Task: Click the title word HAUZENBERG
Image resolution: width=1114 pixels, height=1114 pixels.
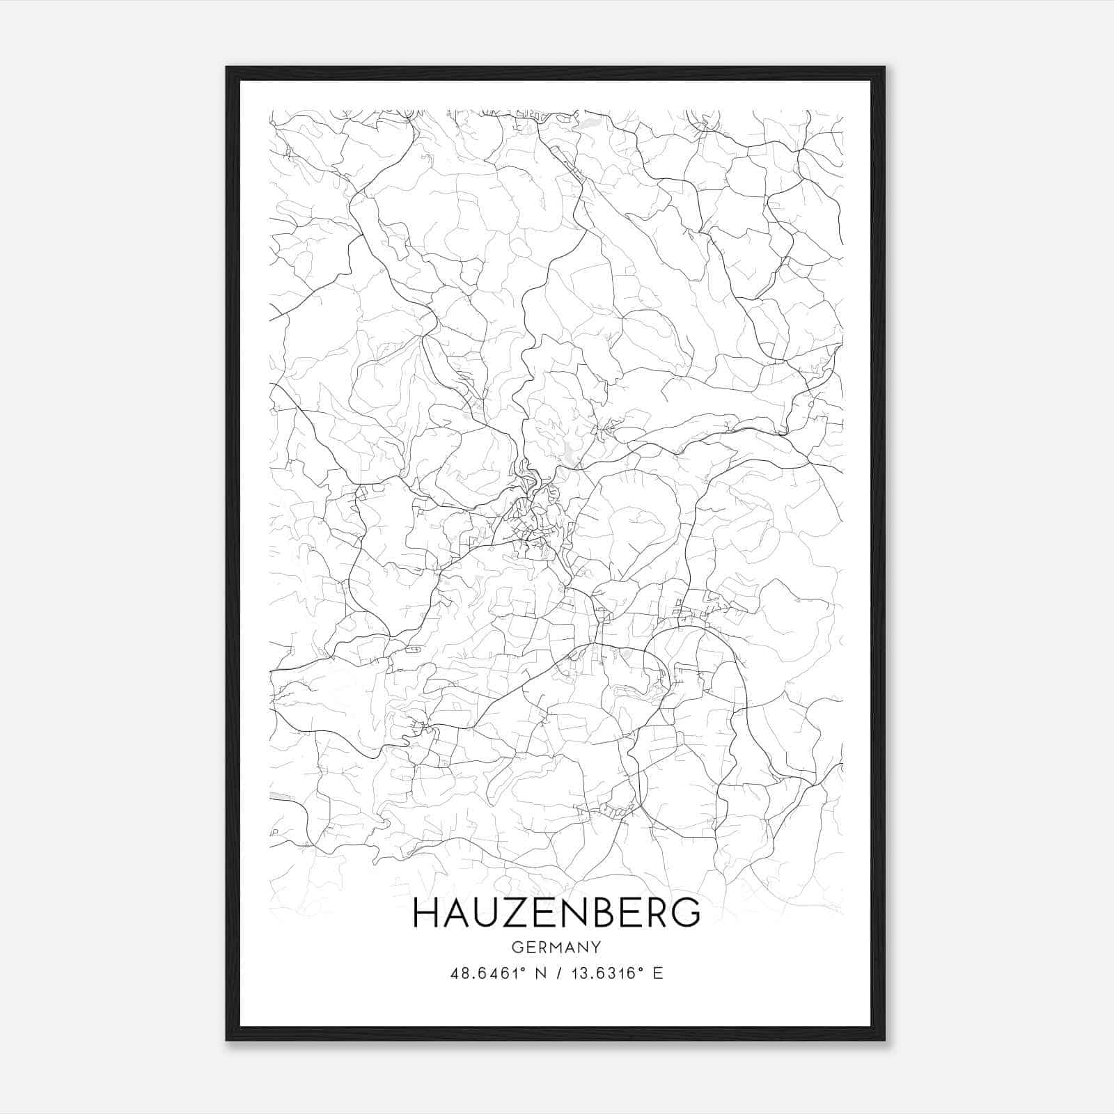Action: (x=556, y=912)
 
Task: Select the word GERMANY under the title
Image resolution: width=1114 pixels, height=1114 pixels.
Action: (x=556, y=947)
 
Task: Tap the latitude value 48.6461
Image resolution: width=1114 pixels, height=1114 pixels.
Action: (x=483, y=973)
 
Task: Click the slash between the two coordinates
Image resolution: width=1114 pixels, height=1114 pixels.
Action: (x=557, y=973)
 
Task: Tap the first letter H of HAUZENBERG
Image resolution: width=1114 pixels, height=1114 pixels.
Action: (x=425, y=912)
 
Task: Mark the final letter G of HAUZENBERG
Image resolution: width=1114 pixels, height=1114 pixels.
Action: (x=685, y=912)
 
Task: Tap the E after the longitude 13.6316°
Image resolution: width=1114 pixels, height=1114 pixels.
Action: (x=658, y=973)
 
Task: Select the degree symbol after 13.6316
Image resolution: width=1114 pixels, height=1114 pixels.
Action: (x=640, y=969)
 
